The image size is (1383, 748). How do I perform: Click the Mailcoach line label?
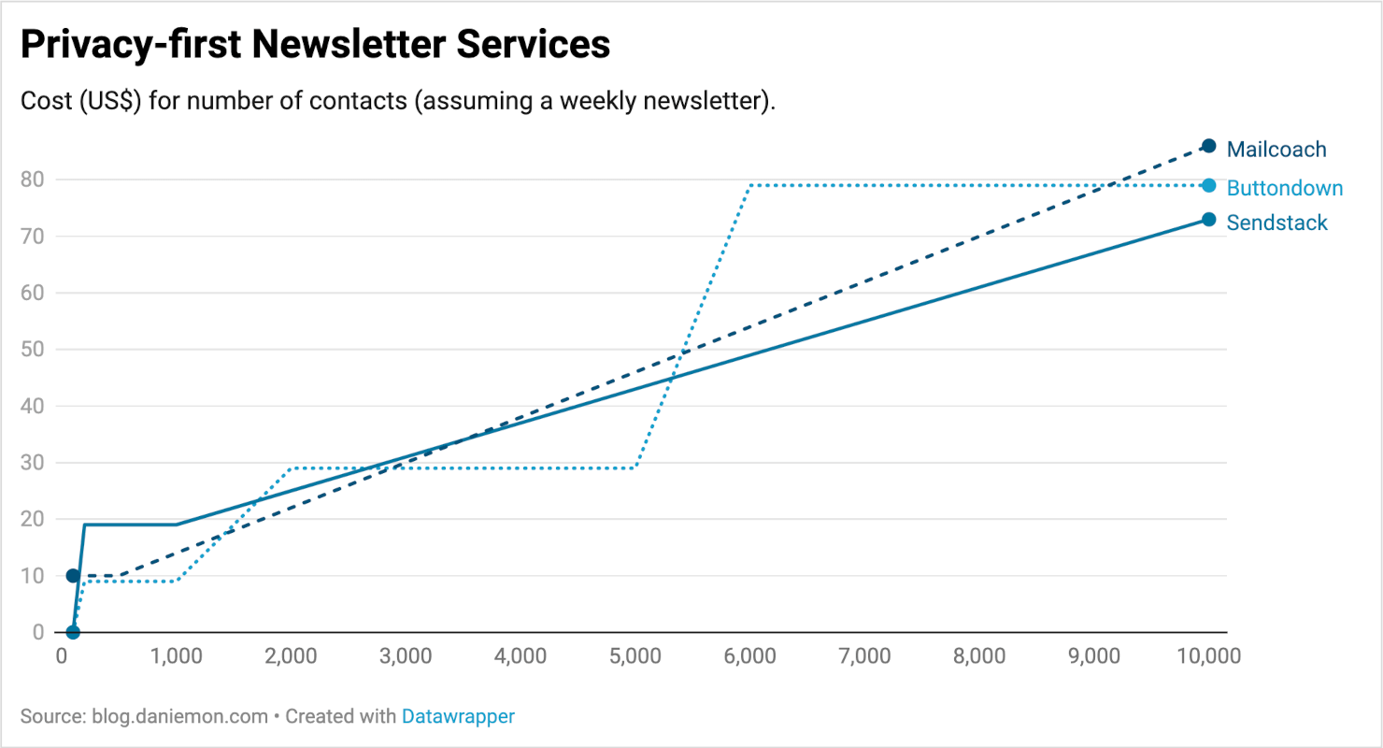click(1276, 149)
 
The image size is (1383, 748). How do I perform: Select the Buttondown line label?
click(1285, 188)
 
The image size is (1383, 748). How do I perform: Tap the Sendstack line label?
click(1276, 223)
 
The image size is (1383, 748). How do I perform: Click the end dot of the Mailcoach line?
click(1208, 146)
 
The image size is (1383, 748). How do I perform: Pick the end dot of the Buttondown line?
click(1208, 185)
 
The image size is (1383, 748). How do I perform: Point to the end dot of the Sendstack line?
click(1208, 220)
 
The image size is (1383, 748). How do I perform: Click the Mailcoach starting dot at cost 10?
click(73, 575)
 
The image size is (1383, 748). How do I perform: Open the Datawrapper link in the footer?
click(458, 717)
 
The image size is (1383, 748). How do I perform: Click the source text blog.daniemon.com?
click(179, 717)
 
